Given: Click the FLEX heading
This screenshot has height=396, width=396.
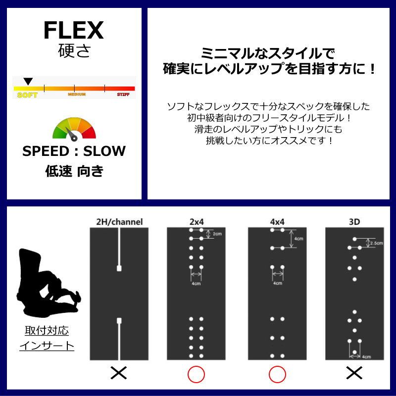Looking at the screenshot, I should pyautogui.click(x=73, y=31).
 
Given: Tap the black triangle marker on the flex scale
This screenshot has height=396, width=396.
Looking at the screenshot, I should pyautogui.click(x=29, y=81).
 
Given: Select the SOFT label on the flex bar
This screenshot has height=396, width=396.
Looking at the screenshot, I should pyautogui.click(x=27, y=95).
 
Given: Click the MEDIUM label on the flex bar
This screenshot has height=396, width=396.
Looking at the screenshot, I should pyautogui.click(x=77, y=94).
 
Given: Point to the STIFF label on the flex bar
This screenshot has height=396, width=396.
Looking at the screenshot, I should pyautogui.click(x=123, y=94).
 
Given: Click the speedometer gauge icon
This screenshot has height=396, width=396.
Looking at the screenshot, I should pyautogui.click(x=74, y=129).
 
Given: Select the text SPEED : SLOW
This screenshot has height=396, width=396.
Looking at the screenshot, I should pyautogui.click(x=74, y=151).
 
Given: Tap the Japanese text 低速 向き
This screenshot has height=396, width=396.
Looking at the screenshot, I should pyautogui.click(x=74, y=171).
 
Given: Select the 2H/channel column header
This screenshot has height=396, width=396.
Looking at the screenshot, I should pyautogui.click(x=119, y=222).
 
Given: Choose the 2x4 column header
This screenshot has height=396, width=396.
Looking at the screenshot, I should pyautogui.click(x=196, y=222).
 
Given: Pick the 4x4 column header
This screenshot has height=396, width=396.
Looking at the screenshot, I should pyautogui.click(x=277, y=222).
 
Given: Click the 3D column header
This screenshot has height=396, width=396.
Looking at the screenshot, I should pyautogui.click(x=354, y=222).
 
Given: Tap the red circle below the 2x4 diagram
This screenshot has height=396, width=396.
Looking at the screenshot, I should pyautogui.click(x=196, y=374).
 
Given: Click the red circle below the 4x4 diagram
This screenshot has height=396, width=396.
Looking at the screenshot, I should pyautogui.click(x=277, y=374).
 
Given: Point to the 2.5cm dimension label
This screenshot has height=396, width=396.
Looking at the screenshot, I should pyautogui.click(x=377, y=243).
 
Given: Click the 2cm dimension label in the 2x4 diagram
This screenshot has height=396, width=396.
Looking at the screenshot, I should pyautogui.click(x=216, y=234).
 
